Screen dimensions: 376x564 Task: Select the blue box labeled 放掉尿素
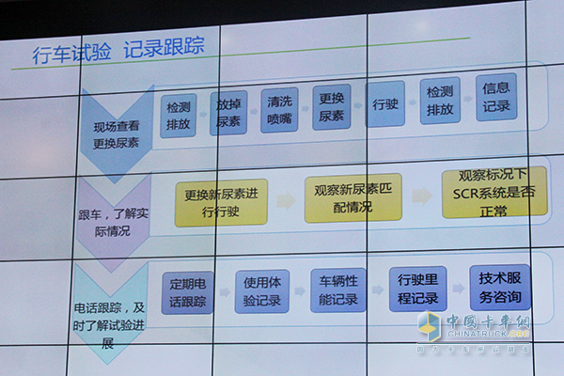pos(228,111)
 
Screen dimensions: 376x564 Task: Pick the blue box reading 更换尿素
pos(331,106)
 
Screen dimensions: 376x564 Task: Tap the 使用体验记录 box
pos(262,290)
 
